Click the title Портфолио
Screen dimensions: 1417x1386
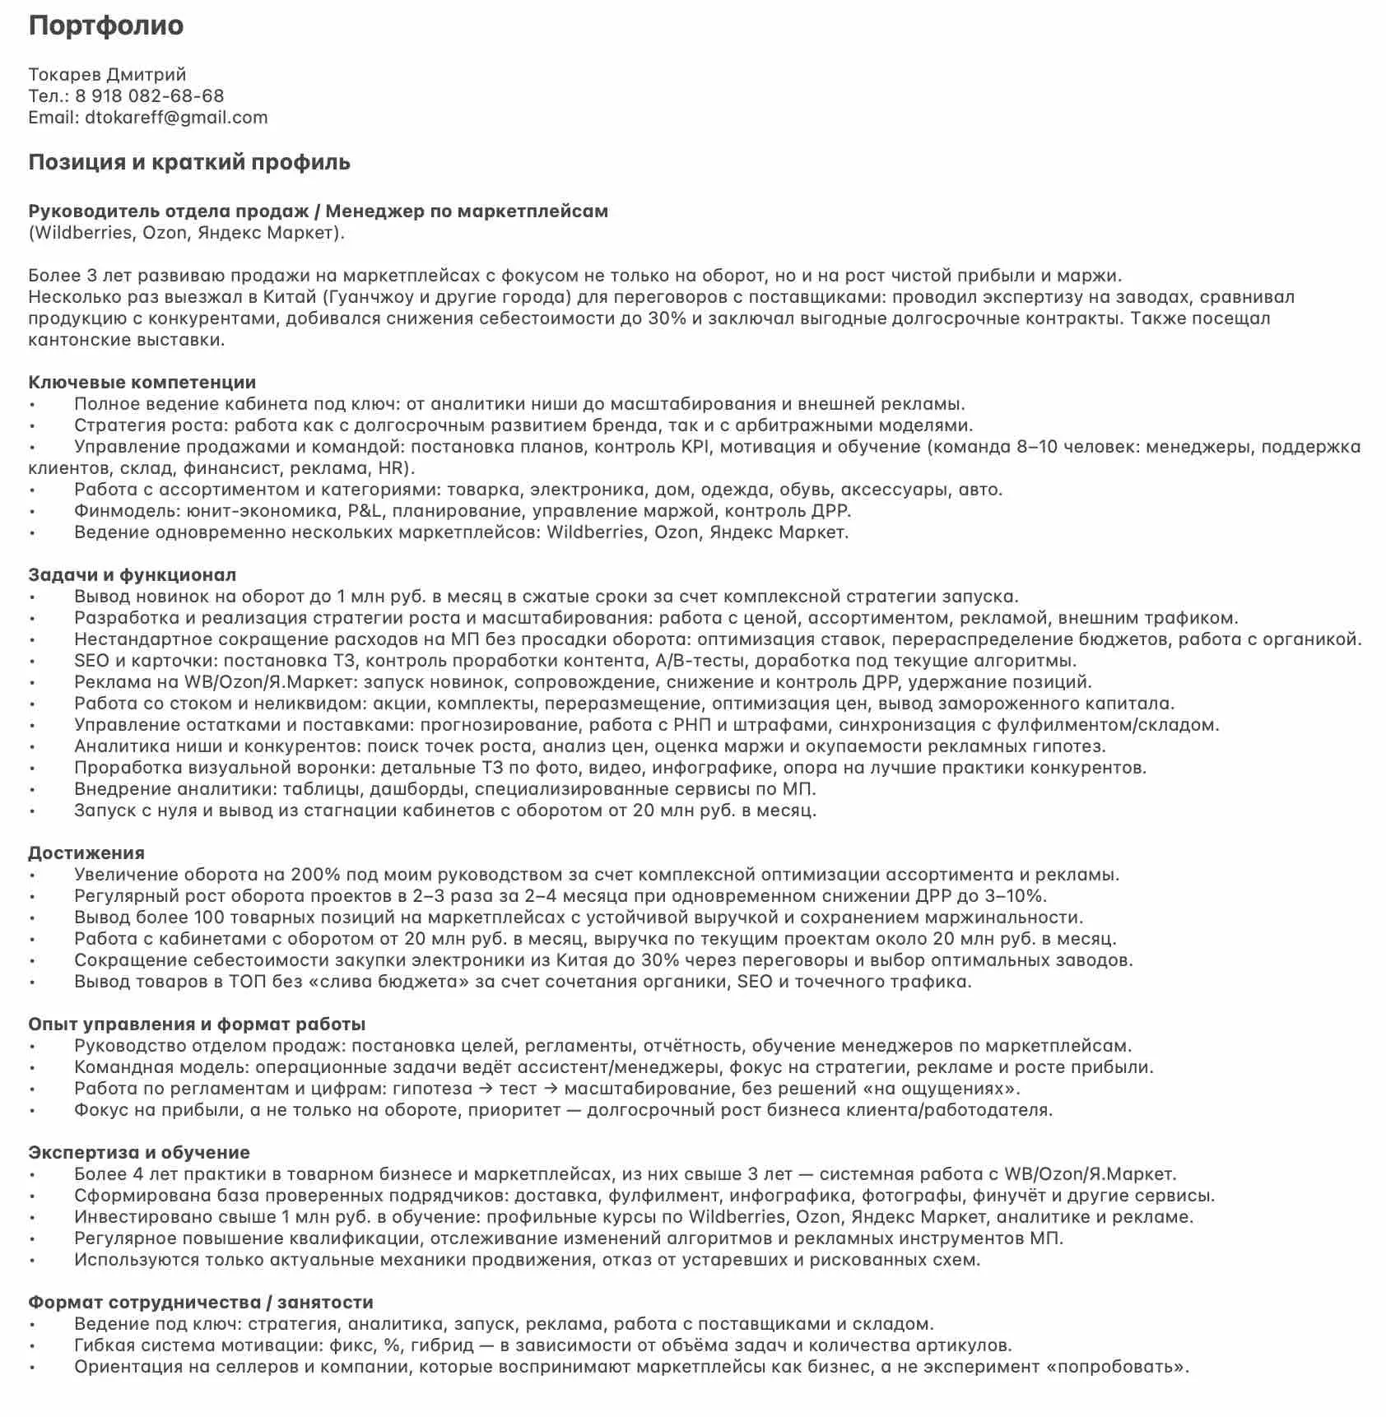(x=106, y=26)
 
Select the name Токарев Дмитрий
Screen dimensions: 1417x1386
(x=107, y=75)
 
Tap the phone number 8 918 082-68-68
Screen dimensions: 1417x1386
(x=149, y=96)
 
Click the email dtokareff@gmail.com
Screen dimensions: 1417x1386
(x=176, y=118)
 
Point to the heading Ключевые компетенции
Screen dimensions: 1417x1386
(x=142, y=383)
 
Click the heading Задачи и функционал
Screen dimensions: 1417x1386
(x=132, y=575)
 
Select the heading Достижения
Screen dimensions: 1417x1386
(x=86, y=853)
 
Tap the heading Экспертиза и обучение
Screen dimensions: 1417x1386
(x=139, y=1153)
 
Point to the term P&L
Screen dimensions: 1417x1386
(x=364, y=511)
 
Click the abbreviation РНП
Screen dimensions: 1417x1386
(x=692, y=725)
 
